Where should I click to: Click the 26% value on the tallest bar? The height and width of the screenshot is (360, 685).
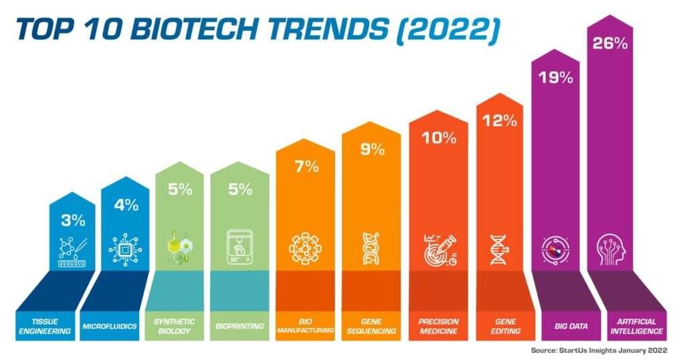(610, 44)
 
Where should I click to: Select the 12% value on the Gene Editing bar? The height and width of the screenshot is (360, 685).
(498, 120)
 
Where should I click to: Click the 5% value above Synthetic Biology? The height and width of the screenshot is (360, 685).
(180, 189)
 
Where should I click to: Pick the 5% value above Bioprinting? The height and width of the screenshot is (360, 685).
(240, 189)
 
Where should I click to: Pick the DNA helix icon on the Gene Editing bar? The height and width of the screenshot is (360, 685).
(498, 249)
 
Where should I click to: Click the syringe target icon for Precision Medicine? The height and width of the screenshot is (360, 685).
(439, 250)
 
